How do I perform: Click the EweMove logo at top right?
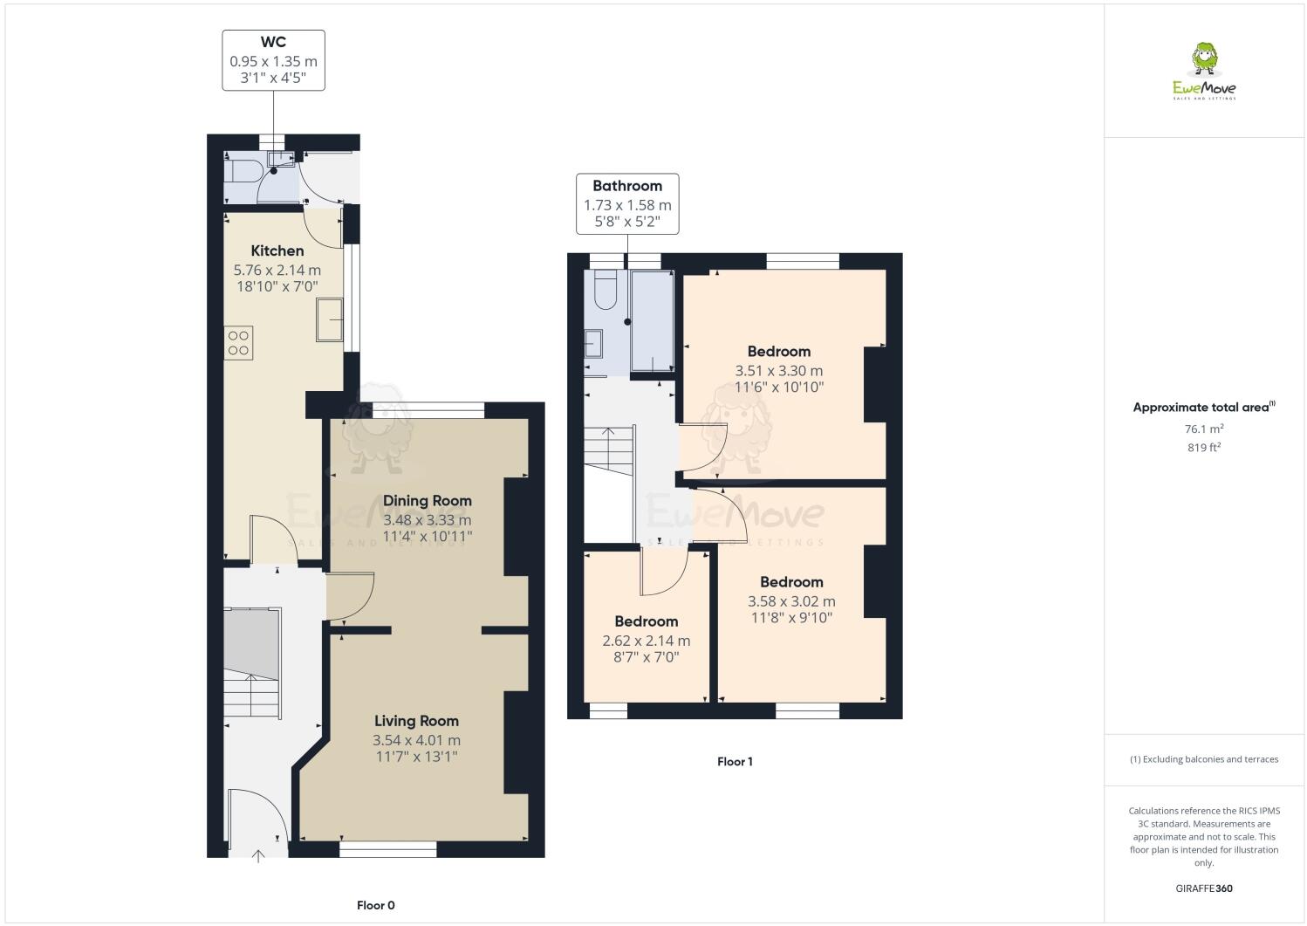click(1204, 72)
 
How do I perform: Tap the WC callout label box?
click(273, 60)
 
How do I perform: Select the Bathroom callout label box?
click(627, 204)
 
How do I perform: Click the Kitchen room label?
click(277, 250)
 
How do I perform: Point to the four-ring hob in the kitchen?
click(238, 341)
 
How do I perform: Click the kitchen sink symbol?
click(330, 319)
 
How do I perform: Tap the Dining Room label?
click(428, 500)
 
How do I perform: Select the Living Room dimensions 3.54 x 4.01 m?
click(416, 740)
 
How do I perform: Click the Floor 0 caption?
click(376, 905)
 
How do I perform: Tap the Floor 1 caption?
click(735, 761)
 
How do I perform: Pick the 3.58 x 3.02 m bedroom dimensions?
click(791, 601)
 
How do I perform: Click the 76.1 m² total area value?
click(1203, 429)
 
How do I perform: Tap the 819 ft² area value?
click(1203, 448)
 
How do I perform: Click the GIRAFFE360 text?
click(1204, 888)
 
